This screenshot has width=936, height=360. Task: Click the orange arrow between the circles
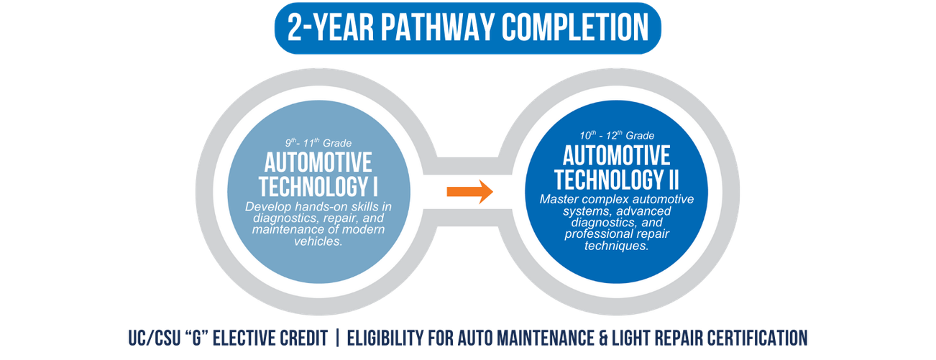[x=469, y=191]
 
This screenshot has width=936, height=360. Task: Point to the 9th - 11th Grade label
[x=318, y=142]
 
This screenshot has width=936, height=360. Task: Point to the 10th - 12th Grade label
[x=616, y=135]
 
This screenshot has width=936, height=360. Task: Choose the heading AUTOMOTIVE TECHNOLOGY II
[x=616, y=167]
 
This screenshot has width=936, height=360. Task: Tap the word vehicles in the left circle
[x=318, y=241]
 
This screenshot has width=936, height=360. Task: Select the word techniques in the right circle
[x=616, y=246]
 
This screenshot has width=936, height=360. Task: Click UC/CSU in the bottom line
[x=150, y=336]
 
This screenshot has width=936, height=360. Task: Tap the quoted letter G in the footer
[x=205, y=336]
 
